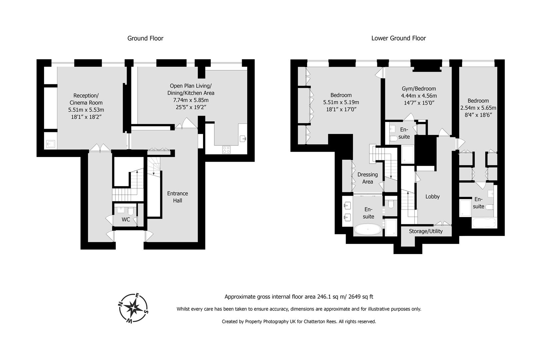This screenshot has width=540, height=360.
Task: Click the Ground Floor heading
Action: tap(145, 38)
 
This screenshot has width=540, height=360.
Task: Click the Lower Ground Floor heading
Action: tap(398, 38)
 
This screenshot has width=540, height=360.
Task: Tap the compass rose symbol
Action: tap(133, 308)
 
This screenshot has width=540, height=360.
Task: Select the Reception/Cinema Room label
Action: tap(86, 99)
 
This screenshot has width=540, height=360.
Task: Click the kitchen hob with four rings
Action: tap(226, 150)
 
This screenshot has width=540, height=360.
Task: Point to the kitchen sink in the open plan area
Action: tap(243, 138)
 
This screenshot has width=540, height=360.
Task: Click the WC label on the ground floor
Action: tap(126, 219)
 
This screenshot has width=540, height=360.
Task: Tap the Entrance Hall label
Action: tap(177, 197)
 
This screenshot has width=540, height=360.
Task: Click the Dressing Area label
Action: tap(367, 178)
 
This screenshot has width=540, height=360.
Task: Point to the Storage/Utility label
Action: tap(426, 231)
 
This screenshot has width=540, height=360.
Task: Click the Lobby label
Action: tap(432, 197)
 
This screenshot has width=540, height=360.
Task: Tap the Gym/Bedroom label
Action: tap(418, 89)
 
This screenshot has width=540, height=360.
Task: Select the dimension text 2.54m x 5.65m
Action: tap(478, 108)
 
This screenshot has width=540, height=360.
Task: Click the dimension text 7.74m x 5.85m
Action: tap(191, 100)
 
